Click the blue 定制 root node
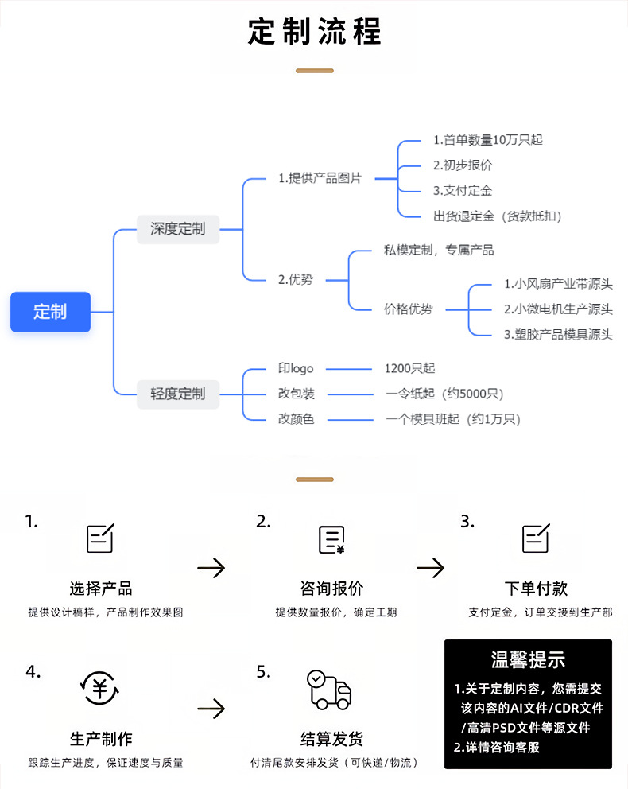(x=50, y=312)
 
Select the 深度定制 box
(x=178, y=229)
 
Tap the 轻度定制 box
(x=178, y=394)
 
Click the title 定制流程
(x=315, y=32)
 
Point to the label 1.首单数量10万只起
(x=487, y=140)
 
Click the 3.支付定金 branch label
(x=463, y=191)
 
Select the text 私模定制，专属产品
(x=439, y=251)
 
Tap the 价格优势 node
(x=409, y=309)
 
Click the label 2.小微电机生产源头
(x=558, y=309)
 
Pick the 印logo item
(x=296, y=369)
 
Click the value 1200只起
(x=409, y=369)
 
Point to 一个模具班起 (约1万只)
(x=453, y=419)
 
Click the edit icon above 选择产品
(x=100, y=538)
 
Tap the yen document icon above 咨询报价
(x=331, y=539)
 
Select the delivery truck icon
(x=329, y=690)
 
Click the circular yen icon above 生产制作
(x=100, y=689)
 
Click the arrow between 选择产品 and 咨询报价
(x=211, y=568)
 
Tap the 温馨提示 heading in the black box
(x=528, y=659)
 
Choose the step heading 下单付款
(x=536, y=589)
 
